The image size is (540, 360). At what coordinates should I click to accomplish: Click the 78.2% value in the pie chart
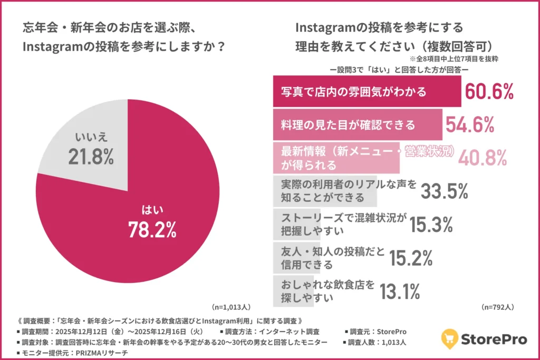[x=152, y=229]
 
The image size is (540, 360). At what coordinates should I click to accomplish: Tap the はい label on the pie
[x=152, y=210]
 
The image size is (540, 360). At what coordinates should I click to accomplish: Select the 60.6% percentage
[x=489, y=92]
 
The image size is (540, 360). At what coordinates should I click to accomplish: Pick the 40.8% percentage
[x=482, y=157]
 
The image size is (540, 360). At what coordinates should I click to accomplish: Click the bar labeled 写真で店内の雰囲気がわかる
[x=367, y=92]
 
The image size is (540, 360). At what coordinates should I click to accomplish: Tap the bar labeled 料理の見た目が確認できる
[x=357, y=125]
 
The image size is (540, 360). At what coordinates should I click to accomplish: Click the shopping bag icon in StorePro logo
[x=448, y=339]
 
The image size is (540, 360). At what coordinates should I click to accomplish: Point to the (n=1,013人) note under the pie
[x=231, y=306]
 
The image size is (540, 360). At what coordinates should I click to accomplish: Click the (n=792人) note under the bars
[x=497, y=306]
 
